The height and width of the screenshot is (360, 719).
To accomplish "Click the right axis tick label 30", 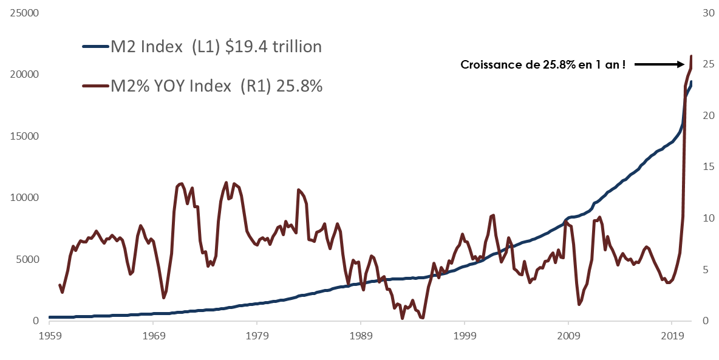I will pos(708,13).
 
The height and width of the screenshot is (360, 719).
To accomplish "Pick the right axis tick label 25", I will pos(708,64).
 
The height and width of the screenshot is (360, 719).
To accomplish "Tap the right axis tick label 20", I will pos(708,115).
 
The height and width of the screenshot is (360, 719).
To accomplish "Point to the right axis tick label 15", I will pos(708,166).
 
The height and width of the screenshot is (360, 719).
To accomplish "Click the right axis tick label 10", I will pos(708,218).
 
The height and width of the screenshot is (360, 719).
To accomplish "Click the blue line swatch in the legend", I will pos(95,46).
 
